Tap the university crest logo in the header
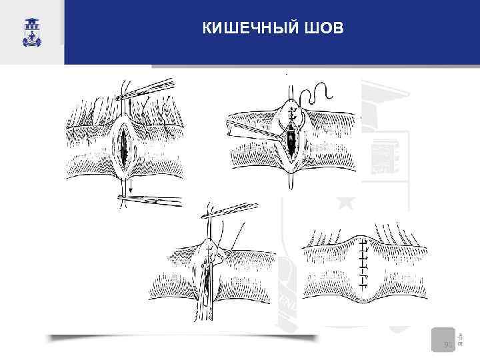click(x=31, y=30)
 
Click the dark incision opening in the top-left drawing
click(x=125, y=147)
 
